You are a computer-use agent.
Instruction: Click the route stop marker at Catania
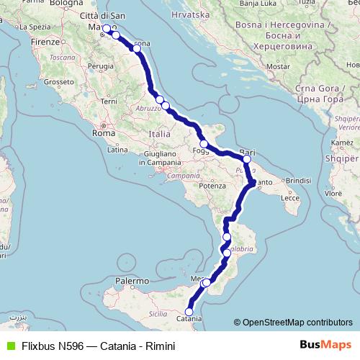click(x=189, y=311)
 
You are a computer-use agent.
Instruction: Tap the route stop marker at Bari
click(x=246, y=160)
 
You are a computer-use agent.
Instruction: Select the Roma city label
click(x=104, y=133)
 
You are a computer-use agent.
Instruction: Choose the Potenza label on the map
click(x=213, y=186)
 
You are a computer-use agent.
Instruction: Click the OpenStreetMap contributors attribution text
click(x=297, y=322)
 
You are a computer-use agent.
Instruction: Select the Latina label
click(x=117, y=150)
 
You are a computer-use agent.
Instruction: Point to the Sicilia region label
click(x=157, y=315)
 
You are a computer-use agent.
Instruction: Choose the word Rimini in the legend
click(x=159, y=346)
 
